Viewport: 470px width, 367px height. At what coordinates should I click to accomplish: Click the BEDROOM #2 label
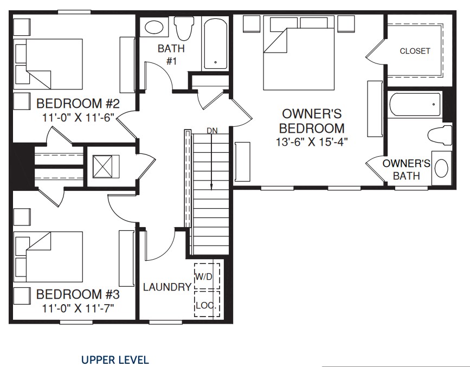(x=78, y=104)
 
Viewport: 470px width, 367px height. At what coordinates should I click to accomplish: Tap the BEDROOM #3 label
(x=78, y=294)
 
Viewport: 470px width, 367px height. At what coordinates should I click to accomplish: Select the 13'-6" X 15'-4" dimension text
(x=312, y=141)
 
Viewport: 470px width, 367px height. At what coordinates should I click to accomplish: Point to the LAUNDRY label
(x=168, y=287)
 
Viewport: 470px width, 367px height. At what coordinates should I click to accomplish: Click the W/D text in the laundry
(x=204, y=277)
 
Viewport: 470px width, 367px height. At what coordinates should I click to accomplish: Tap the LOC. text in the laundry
(x=206, y=306)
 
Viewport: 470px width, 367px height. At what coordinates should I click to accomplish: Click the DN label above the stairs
(x=212, y=131)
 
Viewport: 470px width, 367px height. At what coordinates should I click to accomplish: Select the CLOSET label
(x=415, y=51)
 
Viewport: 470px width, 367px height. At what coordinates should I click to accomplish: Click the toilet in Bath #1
(x=184, y=28)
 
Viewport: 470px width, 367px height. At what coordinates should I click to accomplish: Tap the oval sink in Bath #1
(x=154, y=27)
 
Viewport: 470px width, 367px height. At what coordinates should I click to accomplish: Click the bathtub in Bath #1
(x=215, y=43)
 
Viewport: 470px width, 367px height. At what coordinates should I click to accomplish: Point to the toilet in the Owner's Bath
(x=440, y=135)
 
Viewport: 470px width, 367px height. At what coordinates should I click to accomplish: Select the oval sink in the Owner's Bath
(x=441, y=168)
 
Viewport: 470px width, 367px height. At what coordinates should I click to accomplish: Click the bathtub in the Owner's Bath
(x=415, y=105)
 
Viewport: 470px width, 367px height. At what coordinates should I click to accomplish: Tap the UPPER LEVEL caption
(x=115, y=360)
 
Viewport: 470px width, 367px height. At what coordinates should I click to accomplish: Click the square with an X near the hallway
(x=102, y=166)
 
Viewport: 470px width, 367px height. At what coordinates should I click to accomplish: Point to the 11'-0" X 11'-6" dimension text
(x=78, y=118)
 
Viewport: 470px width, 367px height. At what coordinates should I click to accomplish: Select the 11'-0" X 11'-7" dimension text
(x=78, y=308)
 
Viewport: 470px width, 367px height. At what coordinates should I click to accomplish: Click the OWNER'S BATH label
(x=406, y=170)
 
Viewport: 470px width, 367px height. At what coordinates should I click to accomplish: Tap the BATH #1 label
(x=171, y=55)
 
